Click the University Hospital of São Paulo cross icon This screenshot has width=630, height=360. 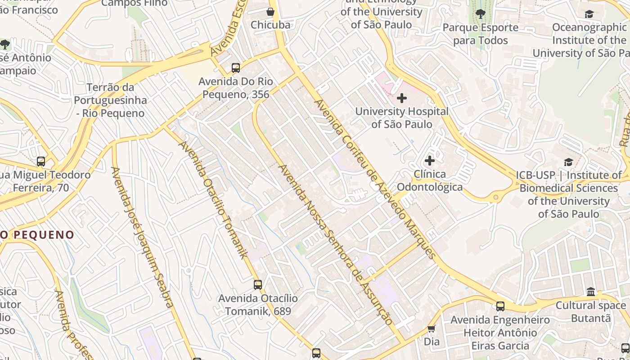[x=402, y=98]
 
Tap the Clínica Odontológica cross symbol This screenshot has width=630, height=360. [x=430, y=161]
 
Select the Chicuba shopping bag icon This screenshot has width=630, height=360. [x=270, y=12]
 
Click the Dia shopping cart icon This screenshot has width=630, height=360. [x=432, y=329]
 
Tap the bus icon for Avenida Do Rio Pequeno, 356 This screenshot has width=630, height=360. [x=236, y=68]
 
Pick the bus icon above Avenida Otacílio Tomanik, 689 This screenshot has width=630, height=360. [x=258, y=285]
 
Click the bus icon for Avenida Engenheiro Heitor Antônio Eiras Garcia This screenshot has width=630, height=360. [x=500, y=306]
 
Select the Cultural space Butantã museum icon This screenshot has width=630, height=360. [x=591, y=292]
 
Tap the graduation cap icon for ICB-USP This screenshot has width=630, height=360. [x=569, y=162]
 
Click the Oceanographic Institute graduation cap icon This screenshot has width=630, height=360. [x=589, y=14]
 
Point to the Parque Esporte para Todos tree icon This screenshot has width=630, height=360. [x=481, y=14]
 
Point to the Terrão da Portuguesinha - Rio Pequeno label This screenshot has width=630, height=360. [x=110, y=100]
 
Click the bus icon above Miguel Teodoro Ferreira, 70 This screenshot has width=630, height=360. [x=41, y=162]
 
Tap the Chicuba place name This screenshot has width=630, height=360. [x=270, y=25]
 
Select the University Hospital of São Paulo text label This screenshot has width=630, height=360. [x=402, y=117]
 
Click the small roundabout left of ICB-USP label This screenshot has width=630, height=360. [x=496, y=197]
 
